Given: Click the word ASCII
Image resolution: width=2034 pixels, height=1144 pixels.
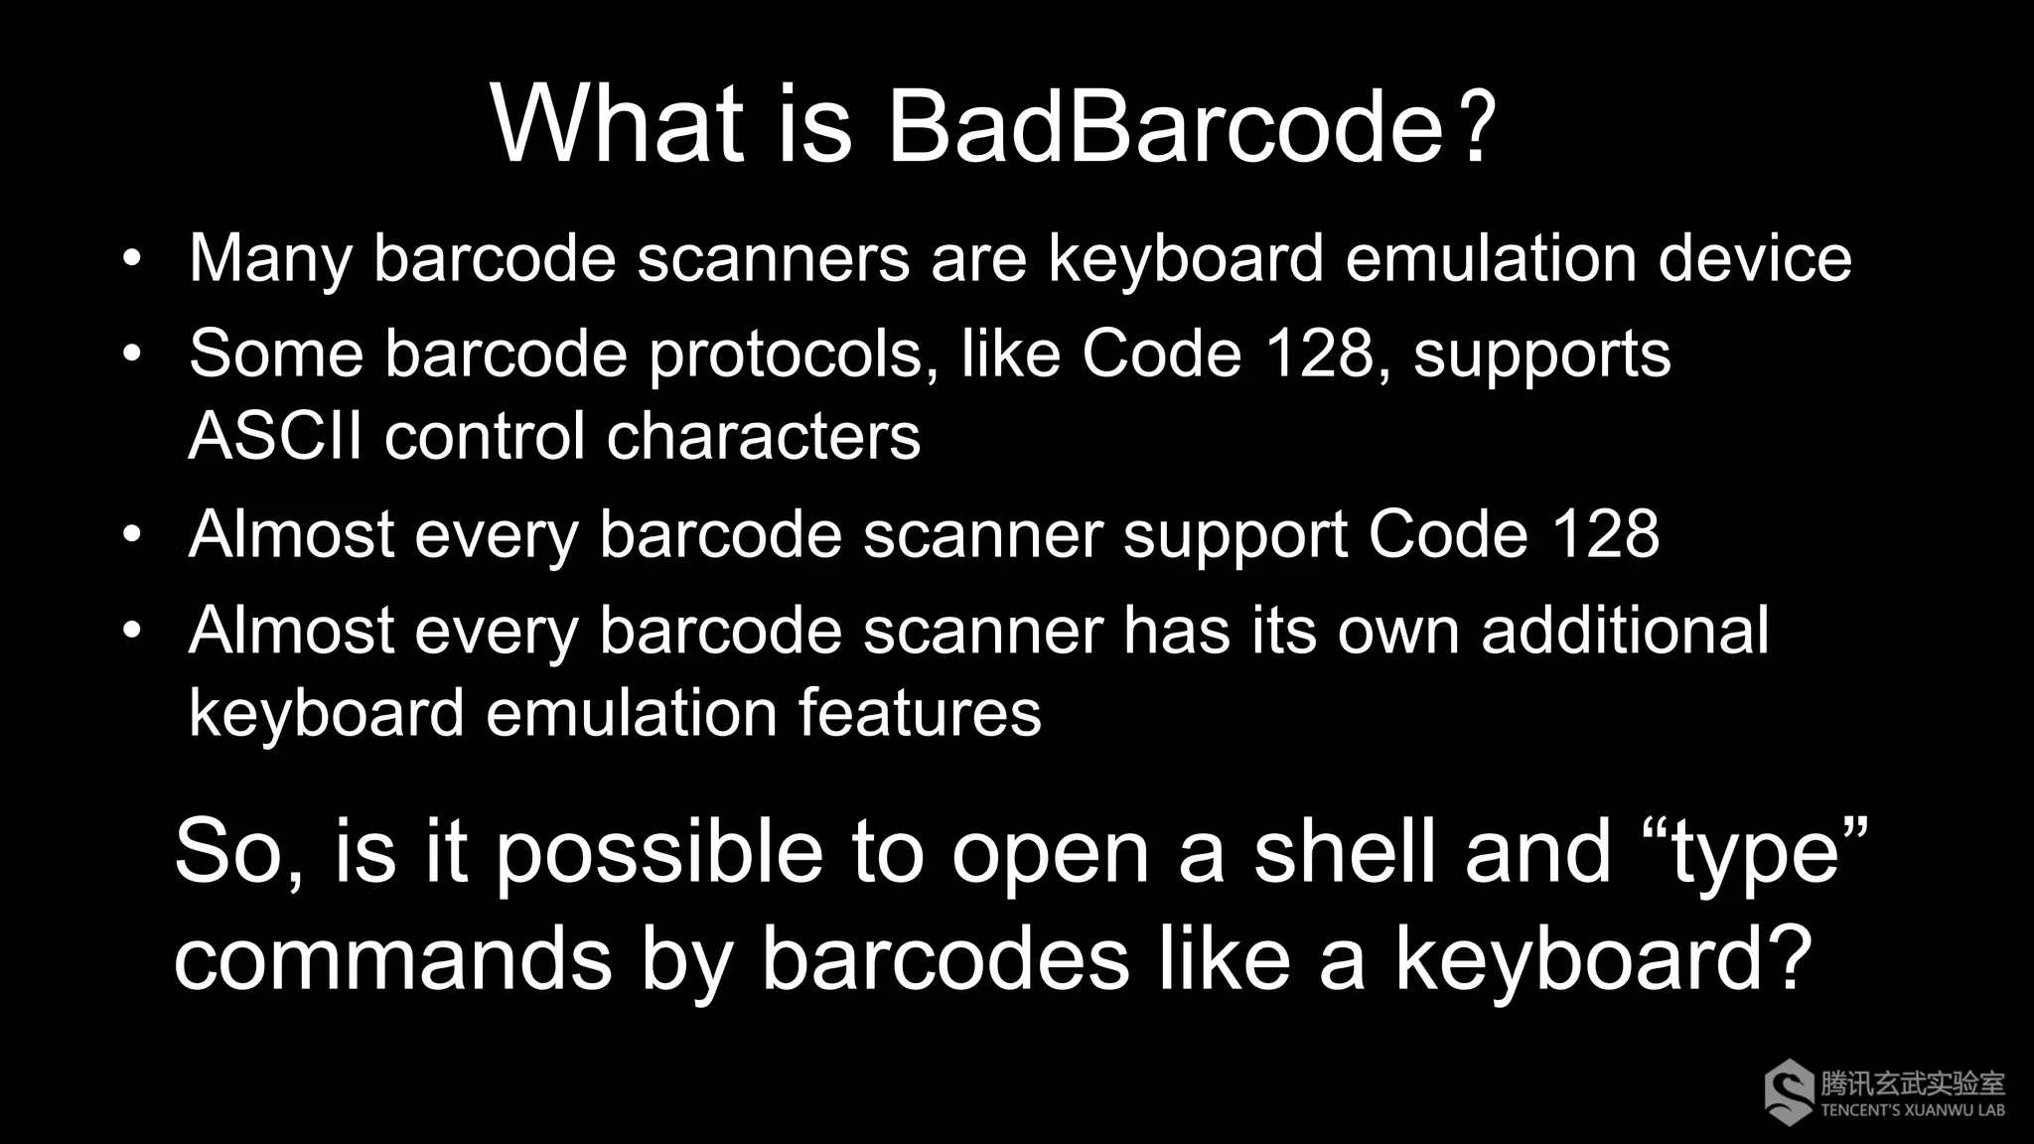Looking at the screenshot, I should (x=275, y=436).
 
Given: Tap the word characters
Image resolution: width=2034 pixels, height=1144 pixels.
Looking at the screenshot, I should (x=763, y=437).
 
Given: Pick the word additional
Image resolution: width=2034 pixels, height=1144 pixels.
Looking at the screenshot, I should (x=1625, y=631).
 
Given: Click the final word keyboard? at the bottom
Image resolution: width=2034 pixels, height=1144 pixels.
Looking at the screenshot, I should (x=1605, y=961).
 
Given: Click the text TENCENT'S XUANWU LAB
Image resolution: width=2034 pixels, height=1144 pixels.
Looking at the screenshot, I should (x=1913, y=1110).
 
